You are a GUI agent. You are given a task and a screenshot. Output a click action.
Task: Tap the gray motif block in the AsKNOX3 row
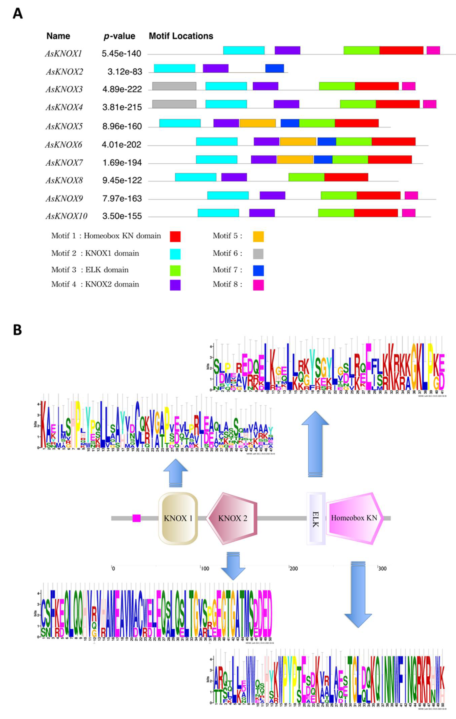point(174,86)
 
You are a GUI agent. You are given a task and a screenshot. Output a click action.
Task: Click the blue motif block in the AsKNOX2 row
point(275,68)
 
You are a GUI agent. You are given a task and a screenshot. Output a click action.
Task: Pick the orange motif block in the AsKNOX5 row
point(257,123)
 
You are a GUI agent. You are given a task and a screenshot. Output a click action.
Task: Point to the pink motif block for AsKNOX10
point(408,213)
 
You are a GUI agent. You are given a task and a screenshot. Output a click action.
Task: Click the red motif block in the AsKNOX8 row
point(346,177)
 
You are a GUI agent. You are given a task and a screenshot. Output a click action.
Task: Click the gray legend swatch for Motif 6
point(258,254)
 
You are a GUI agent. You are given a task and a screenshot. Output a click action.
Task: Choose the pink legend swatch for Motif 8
point(258,285)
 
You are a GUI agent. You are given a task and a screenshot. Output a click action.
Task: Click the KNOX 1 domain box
point(178,518)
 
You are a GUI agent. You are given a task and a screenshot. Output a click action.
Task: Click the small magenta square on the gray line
point(136,518)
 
